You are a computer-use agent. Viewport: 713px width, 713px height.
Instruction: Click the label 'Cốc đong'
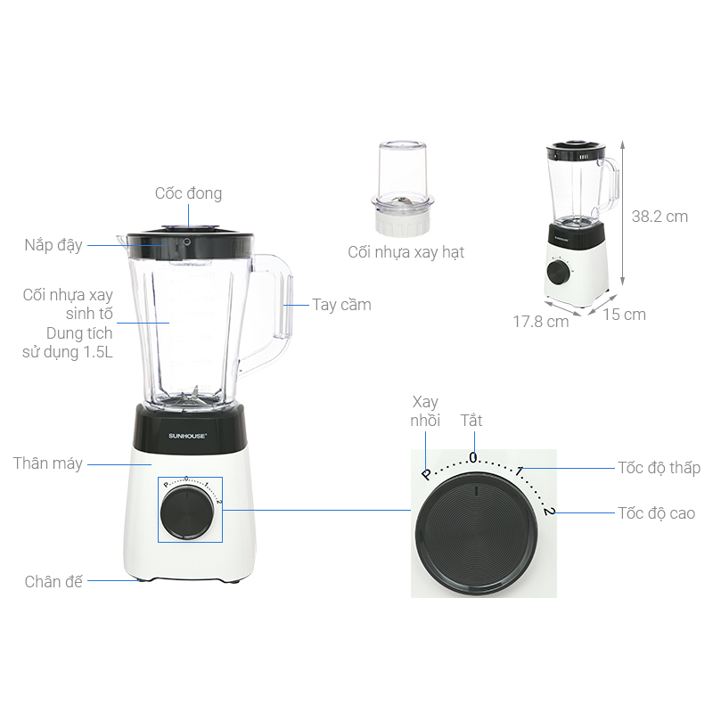click(188, 193)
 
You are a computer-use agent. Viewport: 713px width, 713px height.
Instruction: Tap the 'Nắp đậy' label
click(53, 246)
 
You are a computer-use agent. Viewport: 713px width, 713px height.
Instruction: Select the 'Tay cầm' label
click(341, 305)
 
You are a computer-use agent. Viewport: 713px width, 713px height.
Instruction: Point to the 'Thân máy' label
click(48, 463)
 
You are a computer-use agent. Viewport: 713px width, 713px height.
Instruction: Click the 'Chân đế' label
click(53, 582)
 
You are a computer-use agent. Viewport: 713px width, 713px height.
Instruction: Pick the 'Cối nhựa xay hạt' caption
click(406, 252)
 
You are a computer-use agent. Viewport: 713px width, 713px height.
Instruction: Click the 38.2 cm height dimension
click(660, 217)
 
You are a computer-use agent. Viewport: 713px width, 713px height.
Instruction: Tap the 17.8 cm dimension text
click(541, 322)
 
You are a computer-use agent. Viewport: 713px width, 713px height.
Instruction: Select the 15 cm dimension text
click(625, 315)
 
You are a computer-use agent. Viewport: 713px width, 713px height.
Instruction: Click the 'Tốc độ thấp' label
click(659, 468)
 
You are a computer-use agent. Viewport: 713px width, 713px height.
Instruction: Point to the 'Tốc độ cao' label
click(656, 513)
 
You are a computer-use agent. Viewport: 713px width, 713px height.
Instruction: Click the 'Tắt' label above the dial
click(471, 421)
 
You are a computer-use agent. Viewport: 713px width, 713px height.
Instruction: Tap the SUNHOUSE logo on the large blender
click(188, 436)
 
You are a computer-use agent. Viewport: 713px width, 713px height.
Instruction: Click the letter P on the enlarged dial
click(427, 474)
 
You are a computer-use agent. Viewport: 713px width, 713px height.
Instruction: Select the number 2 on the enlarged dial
click(549, 511)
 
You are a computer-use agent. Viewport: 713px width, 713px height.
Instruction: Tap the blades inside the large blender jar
click(190, 397)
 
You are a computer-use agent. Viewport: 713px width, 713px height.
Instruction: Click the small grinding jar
click(403, 188)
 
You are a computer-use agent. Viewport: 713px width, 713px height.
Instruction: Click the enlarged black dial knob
click(477, 533)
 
